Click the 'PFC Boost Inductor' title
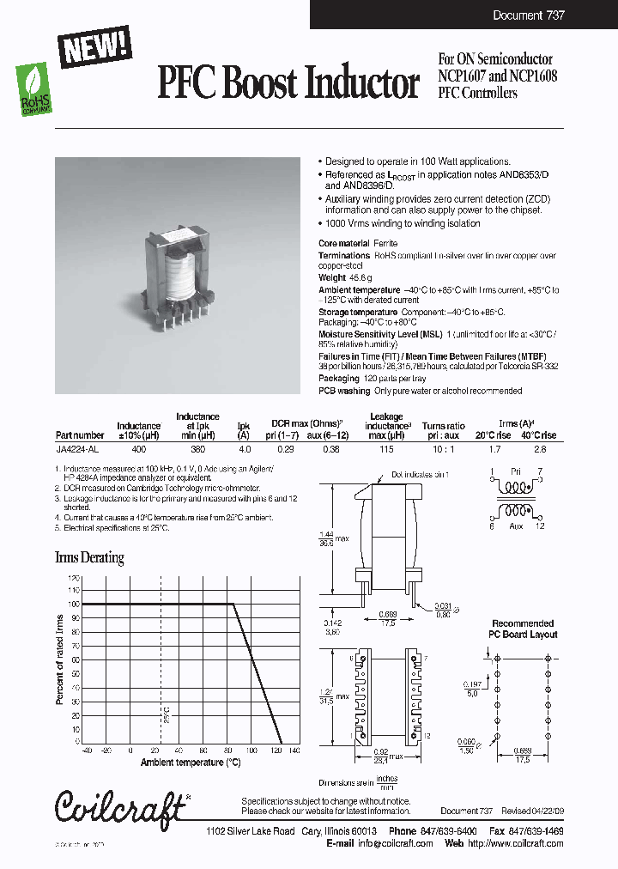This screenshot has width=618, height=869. (x=288, y=84)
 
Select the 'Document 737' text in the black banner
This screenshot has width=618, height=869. (x=529, y=15)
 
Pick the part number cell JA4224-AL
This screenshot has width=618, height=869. (x=80, y=449)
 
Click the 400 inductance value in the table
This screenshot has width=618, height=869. (x=138, y=449)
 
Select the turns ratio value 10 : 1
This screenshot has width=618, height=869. (x=444, y=449)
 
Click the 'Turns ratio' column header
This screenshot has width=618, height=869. (x=444, y=426)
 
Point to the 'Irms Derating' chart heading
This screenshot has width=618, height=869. (x=89, y=557)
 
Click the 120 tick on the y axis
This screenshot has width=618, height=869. (x=74, y=578)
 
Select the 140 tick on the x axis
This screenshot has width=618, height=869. (x=294, y=750)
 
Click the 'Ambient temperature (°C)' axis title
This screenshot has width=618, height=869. (x=191, y=762)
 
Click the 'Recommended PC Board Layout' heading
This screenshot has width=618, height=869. (x=523, y=629)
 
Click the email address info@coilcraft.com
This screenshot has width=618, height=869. (x=392, y=843)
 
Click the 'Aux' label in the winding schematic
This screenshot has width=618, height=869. (x=516, y=525)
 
